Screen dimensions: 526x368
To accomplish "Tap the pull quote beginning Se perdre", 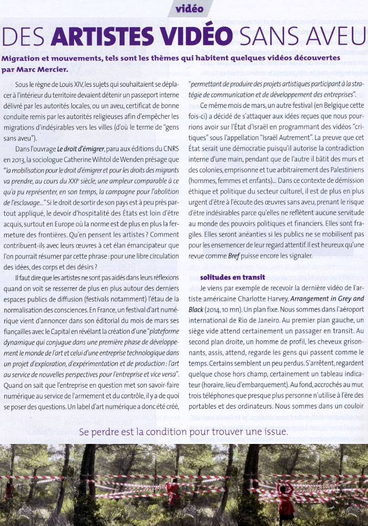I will (183, 431).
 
